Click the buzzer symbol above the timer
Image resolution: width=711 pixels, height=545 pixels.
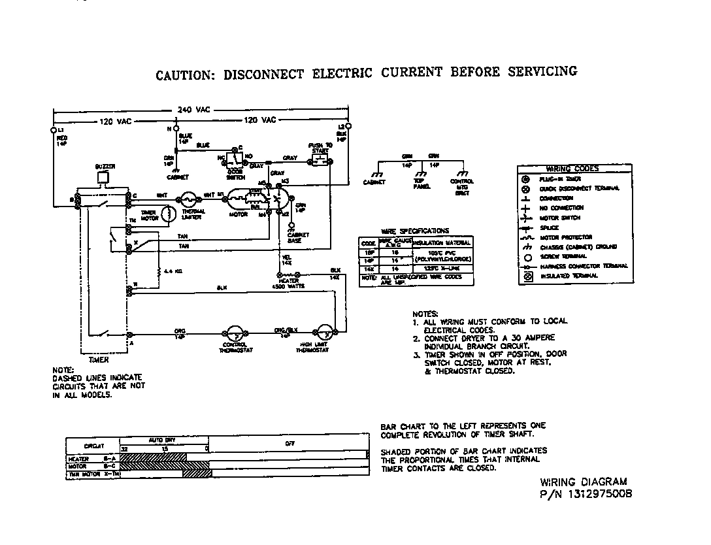click(x=103, y=176)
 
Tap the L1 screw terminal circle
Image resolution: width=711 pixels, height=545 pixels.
click(x=54, y=130)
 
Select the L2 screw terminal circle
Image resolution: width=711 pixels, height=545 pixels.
click(x=347, y=125)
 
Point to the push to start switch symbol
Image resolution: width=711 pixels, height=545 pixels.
click(x=319, y=160)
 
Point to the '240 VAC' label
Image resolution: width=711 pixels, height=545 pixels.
click(x=193, y=110)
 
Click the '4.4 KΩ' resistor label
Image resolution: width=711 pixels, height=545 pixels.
click(x=173, y=270)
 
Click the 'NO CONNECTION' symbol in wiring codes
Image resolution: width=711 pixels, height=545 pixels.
click(x=526, y=208)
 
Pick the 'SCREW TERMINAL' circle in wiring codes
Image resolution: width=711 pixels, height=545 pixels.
click(x=526, y=256)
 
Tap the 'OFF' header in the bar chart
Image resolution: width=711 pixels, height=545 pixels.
click(x=289, y=443)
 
